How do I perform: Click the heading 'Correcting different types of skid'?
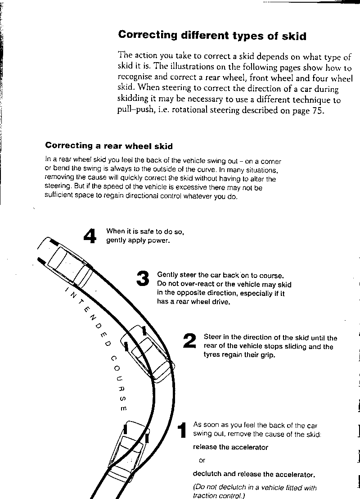[212, 36]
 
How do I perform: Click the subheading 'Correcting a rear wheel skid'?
[109, 146]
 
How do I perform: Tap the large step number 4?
[90, 236]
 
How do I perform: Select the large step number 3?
[142, 279]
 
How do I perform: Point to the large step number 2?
[189, 341]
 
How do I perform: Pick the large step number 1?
[182, 431]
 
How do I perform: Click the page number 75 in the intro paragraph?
[316, 111]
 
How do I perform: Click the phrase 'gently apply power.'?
[138, 240]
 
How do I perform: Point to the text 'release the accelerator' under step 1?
[230, 447]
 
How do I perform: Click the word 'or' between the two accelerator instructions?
[202, 460]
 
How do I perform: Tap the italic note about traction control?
[255, 491]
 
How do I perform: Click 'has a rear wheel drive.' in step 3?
[194, 302]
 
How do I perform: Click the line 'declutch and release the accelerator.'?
[254, 474]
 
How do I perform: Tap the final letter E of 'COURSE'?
[124, 408]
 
